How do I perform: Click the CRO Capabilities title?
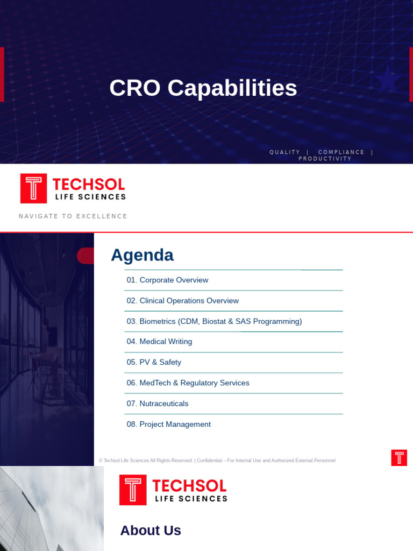coord(203,88)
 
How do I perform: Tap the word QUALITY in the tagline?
coord(284,152)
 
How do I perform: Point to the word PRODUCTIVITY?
coord(325,159)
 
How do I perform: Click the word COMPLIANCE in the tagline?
coord(341,152)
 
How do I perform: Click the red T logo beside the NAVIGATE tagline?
coord(33,188)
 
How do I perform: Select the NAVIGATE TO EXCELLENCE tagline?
coord(73,216)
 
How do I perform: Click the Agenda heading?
coord(142,255)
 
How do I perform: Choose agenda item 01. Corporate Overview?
coord(167,280)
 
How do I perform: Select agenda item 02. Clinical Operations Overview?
coord(182,301)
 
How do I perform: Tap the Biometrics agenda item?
coord(214,321)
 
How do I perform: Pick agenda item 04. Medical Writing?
coord(159,342)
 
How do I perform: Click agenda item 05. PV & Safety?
coord(154,362)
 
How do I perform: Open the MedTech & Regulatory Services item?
coord(188,383)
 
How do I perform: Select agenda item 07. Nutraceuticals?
coord(158,404)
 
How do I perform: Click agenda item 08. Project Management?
coord(168,425)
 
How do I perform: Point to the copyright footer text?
coord(217,461)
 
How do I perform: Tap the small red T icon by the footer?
coord(399,457)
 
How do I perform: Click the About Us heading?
coord(151,531)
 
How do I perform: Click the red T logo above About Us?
coord(132,490)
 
